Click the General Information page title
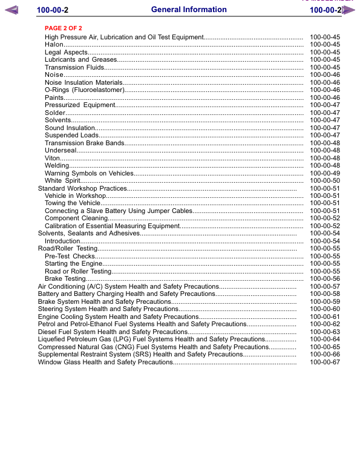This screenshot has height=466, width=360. point(189,10)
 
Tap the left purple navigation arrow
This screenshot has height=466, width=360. point(11,10)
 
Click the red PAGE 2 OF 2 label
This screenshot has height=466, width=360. point(64,28)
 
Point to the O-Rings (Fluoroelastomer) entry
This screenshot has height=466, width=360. point(84,90)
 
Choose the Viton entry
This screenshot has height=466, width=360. point(52,158)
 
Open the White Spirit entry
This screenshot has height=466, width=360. point(62,181)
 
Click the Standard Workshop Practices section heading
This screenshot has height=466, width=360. point(82,189)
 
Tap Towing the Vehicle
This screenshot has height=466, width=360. point(70,203)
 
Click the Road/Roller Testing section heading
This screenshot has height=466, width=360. point(68,249)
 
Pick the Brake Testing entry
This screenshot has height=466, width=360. point(65,279)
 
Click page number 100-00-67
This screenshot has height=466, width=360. point(325,363)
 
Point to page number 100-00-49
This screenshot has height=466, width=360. point(325,173)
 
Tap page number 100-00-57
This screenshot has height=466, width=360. point(325,287)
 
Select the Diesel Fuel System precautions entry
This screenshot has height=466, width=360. point(113,332)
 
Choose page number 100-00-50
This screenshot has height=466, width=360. point(325,181)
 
